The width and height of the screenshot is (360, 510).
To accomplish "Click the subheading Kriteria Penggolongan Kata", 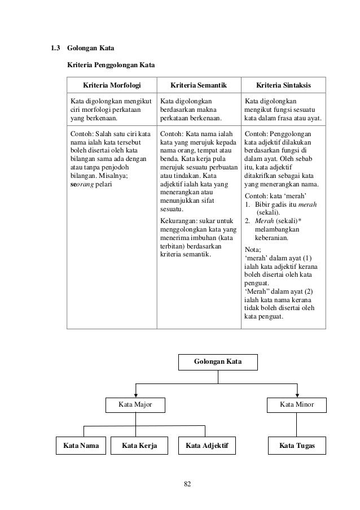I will (x=111, y=65).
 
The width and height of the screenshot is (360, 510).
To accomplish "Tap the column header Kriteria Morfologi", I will (x=111, y=85).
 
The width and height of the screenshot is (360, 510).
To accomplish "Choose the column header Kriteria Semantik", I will (x=198, y=85).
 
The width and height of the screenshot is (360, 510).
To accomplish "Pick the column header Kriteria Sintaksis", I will (x=283, y=85).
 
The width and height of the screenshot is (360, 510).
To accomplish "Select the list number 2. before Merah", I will (x=248, y=221).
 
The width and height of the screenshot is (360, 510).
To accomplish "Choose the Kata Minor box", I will (x=297, y=404).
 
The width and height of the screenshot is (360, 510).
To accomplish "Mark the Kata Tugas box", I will (x=297, y=446).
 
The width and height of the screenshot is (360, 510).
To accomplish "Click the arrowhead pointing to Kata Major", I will (x=135, y=394).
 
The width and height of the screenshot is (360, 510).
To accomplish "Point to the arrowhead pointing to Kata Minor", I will (x=297, y=394).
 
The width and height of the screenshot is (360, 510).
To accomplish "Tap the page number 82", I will (x=188, y=483).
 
